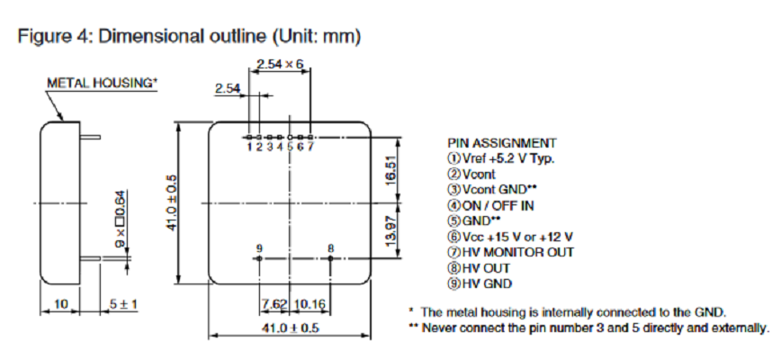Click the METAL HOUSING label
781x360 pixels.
coord(102,83)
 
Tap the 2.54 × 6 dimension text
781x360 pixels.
coord(281,65)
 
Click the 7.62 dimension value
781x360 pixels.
coord(274,302)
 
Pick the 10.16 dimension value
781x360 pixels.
coord(311,302)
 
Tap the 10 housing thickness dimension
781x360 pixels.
coord(60,304)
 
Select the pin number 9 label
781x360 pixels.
coord(259,247)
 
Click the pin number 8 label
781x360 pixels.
coord(331,247)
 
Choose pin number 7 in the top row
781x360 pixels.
coord(310,146)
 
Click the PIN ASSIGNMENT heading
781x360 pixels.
coord(501,143)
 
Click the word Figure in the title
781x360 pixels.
coord(41,37)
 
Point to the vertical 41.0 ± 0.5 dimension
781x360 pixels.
coord(172,202)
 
